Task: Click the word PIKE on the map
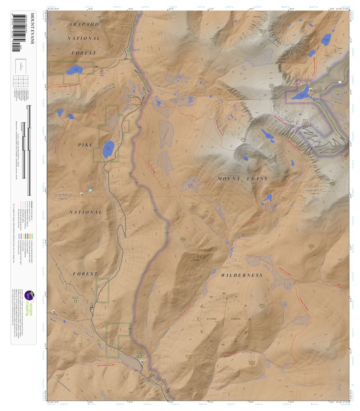pyautogui.click(x=85, y=145)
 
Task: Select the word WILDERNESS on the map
pyautogui.click(x=242, y=275)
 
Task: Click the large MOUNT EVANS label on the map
pyautogui.click(x=243, y=179)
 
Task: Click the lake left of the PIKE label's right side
pyautogui.click(x=108, y=148)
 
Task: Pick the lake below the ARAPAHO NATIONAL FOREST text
pyautogui.click(x=73, y=70)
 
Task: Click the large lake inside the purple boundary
pyautogui.click(x=301, y=94)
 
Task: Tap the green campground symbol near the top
pyautogui.click(x=129, y=50)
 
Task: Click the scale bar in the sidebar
pyautogui.click(x=28, y=149)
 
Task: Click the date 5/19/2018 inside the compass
pyautogui.click(x=238, y=318)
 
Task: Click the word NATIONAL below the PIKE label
pyautogui.click(x=85, y=212)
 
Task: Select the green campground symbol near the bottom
pyautogui.click(x=140, y=356)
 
